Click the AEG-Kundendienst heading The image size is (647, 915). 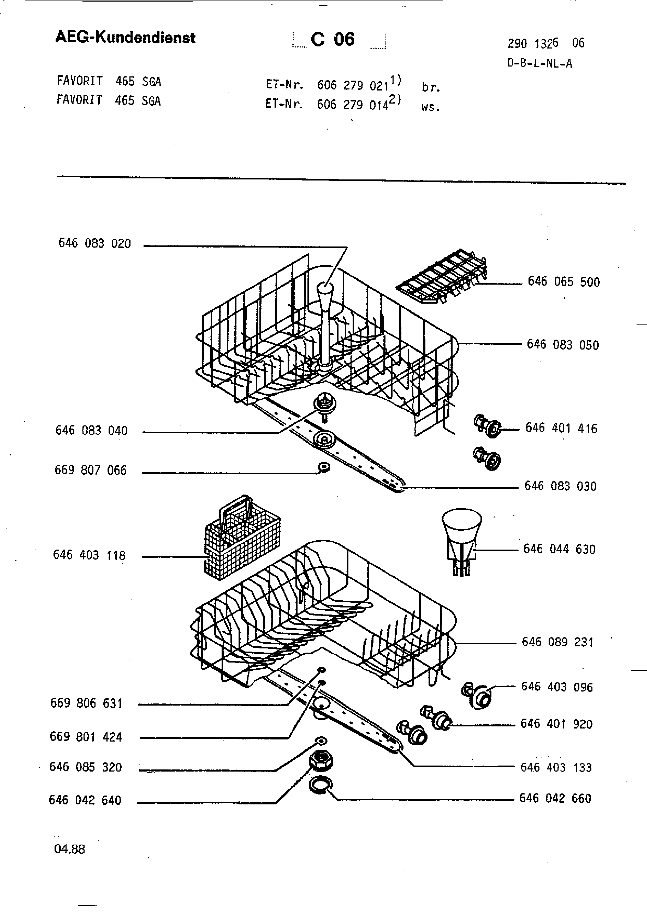pos(125,38)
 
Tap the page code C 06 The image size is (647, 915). pos(333,39)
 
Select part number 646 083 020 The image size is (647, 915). pos(95,243)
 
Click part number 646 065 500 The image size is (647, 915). pos(564,282)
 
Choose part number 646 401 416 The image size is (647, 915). pos(561,428)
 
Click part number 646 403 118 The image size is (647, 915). pos(89,555)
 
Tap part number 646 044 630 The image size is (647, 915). pos(559,549)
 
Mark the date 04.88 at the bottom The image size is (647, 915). pos(69,849)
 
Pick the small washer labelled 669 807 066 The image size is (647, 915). pos(324,467)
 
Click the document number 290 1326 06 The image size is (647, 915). pos(546,43)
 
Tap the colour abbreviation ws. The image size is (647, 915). pos(431,107)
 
